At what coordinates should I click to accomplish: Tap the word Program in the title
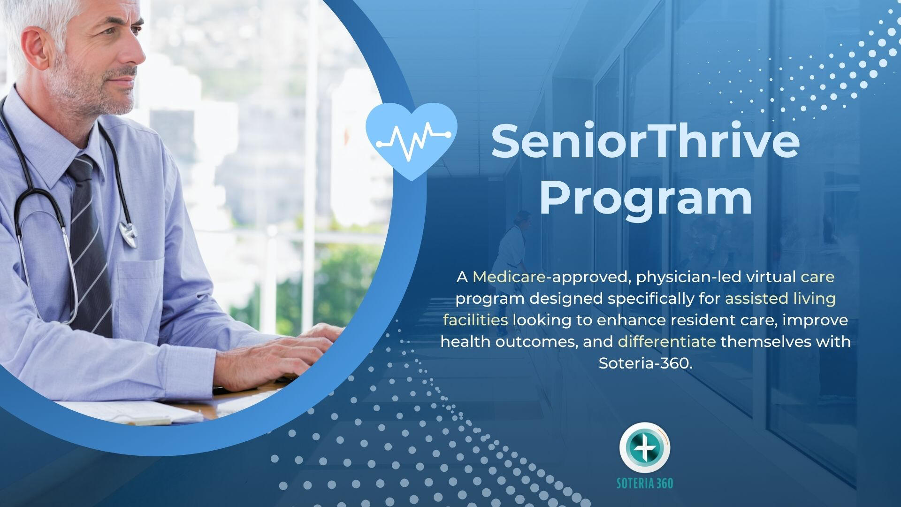click(646, 199)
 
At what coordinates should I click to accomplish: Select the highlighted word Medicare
click(510, 277)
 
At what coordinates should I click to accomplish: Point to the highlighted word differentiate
click(667, 341)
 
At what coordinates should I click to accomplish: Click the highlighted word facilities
click(475, 320)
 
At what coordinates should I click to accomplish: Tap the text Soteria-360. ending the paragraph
click(646, 363)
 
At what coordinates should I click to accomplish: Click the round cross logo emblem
click(645, 447)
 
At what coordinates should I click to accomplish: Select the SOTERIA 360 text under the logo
click(645, 483)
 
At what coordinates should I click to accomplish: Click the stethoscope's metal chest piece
click(128, 233)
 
